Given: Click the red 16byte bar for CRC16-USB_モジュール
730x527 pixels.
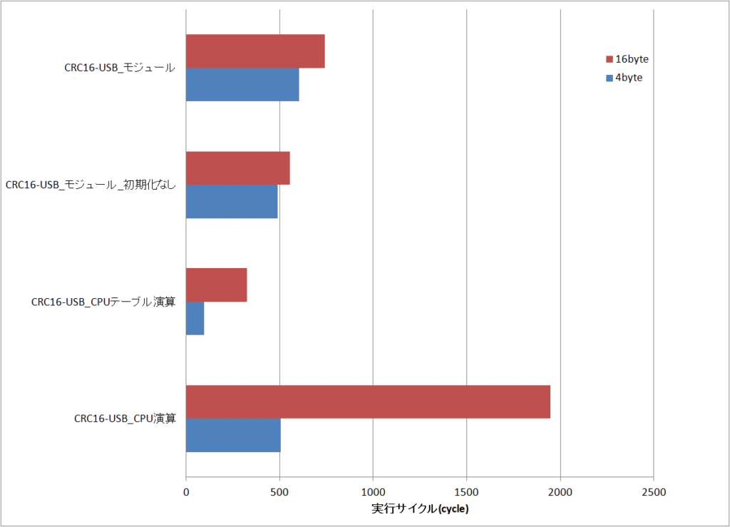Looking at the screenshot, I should [x=255, y=51].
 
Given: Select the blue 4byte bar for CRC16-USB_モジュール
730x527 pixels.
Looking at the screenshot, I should [x=242, y=84].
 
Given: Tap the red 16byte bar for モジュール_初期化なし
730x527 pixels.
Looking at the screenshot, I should [x=237, y=168].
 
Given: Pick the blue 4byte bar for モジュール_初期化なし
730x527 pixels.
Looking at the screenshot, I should [x=232, y=201].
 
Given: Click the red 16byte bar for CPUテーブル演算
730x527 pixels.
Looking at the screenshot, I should [x=216, y=285].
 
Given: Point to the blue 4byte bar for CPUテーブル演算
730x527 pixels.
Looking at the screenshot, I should [x=195, y=318].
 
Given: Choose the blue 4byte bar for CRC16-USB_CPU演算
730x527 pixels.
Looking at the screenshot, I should [x=233, y=435].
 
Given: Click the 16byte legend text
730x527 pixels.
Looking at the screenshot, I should [x=632, y=58].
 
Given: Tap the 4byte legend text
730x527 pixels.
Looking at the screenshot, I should [x=629, y=78].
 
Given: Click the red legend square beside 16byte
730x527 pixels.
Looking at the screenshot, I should [x=610, y=59].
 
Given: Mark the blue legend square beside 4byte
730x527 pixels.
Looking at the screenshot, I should [x=610, y=78].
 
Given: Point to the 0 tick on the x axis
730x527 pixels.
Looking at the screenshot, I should [x=186, y=492].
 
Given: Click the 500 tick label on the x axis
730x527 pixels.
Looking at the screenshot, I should [x=279, y=492].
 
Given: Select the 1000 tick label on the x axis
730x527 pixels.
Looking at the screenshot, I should [x=373, y=492].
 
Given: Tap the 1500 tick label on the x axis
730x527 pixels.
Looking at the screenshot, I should [x=466, y=492].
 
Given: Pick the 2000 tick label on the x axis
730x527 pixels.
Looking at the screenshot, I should [x=560, y=492].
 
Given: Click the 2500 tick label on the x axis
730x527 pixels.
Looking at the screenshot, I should [x=654, y=492].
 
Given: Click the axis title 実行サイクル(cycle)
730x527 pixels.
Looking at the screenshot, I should [x=420, y=509].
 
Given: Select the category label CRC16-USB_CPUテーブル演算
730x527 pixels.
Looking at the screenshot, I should [x=103, y=302].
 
